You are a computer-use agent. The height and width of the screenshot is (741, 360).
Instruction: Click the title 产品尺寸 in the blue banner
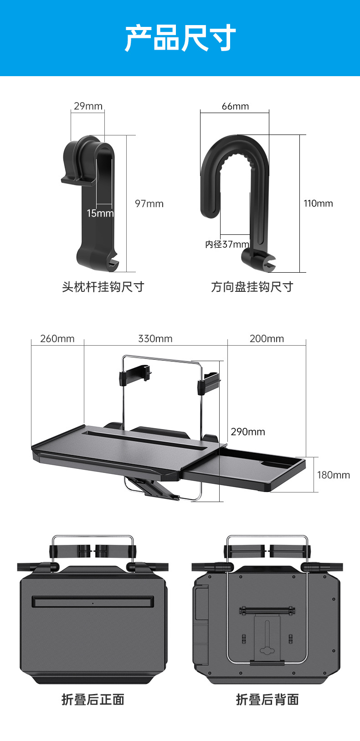click(x=180, y=38)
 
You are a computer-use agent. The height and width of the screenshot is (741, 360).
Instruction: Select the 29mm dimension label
click(x=88, y=106)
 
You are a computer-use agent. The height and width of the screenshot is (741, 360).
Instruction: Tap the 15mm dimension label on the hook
click(x=100, y=213)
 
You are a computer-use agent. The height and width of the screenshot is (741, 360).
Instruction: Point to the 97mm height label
click(x=149, y=204)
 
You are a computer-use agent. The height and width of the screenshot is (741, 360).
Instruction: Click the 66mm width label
click(x=235, y=106)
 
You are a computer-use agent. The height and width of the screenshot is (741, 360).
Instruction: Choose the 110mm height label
click(x=318, y=203)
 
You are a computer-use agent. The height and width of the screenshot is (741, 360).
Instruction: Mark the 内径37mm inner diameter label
click(x=227, y=244)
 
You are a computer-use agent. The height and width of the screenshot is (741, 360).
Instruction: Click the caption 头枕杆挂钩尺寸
click(x=103, y=287)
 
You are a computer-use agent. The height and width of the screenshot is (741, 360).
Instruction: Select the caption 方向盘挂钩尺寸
click(x=252, y=287)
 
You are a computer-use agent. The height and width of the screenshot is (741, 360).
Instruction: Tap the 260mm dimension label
click(x=57, y=339)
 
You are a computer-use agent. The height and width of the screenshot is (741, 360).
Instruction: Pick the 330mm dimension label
click(x=155, y=339)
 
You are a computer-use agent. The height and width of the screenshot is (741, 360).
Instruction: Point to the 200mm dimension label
click(x=267, y=339)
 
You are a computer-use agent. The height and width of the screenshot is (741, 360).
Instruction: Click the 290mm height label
click(x=247, y=432)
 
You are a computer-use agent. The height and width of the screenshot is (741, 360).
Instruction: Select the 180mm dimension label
click(x=333, y=475)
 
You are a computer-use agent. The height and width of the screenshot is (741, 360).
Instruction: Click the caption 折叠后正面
click(x=93, y=700)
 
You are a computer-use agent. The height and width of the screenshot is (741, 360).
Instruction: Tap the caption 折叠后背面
click(x=267, y=700)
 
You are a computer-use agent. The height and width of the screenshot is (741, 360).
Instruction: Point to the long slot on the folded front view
click(x=93, y=602)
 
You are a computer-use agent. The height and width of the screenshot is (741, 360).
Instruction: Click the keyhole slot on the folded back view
click(x=267, y=650)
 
